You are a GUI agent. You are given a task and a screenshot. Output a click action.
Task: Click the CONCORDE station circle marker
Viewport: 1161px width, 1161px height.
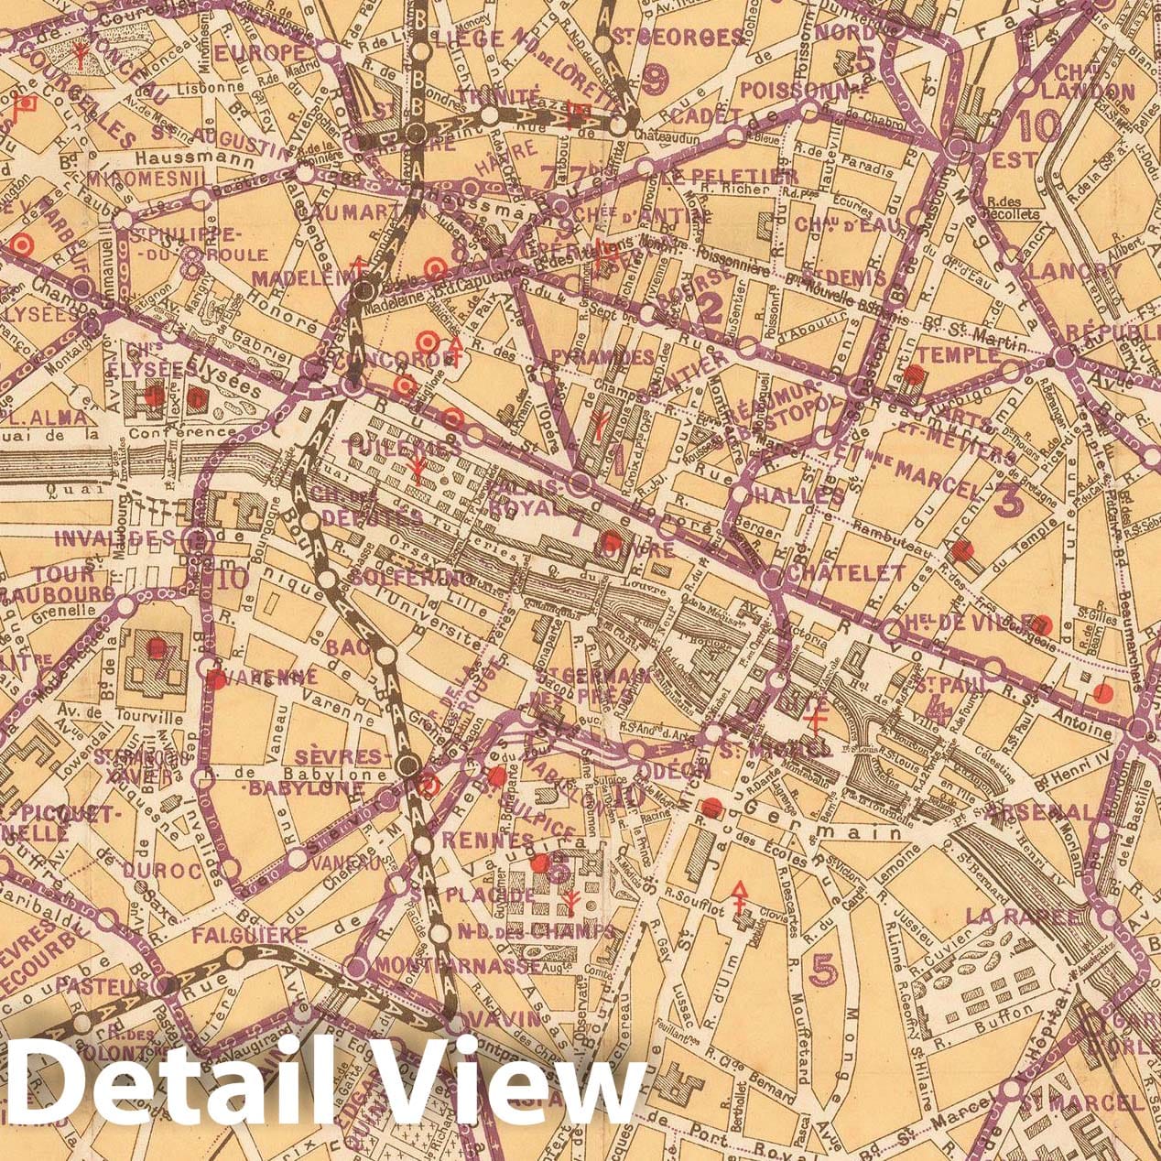pyautogui.click(x=352, y=387)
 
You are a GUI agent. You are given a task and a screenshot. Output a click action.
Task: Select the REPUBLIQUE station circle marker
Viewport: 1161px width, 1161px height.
pyautogui.click(x=1061, y=356)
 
